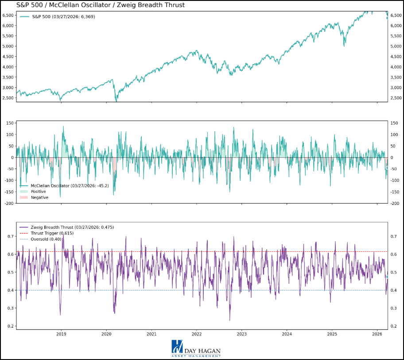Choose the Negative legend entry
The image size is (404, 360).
coord(39,197)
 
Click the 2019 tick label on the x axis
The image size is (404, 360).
coord(61,333)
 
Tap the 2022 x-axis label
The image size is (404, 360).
coord(197,333)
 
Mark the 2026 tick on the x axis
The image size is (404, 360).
coord(377,333)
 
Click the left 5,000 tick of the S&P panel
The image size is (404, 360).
coord(8,46)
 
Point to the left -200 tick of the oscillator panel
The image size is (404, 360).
coord(8,203)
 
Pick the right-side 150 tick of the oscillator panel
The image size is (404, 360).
coord(396,134)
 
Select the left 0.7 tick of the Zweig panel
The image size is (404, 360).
coord(10,236)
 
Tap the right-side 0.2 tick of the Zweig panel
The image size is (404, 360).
coord(393,326)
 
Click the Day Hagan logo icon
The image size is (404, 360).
coord(177,346)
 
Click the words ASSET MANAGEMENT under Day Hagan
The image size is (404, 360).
coord(196,355)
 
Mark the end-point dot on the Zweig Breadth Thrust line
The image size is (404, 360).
coord(387,277)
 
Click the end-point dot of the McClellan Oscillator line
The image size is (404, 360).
coord(387,168)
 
